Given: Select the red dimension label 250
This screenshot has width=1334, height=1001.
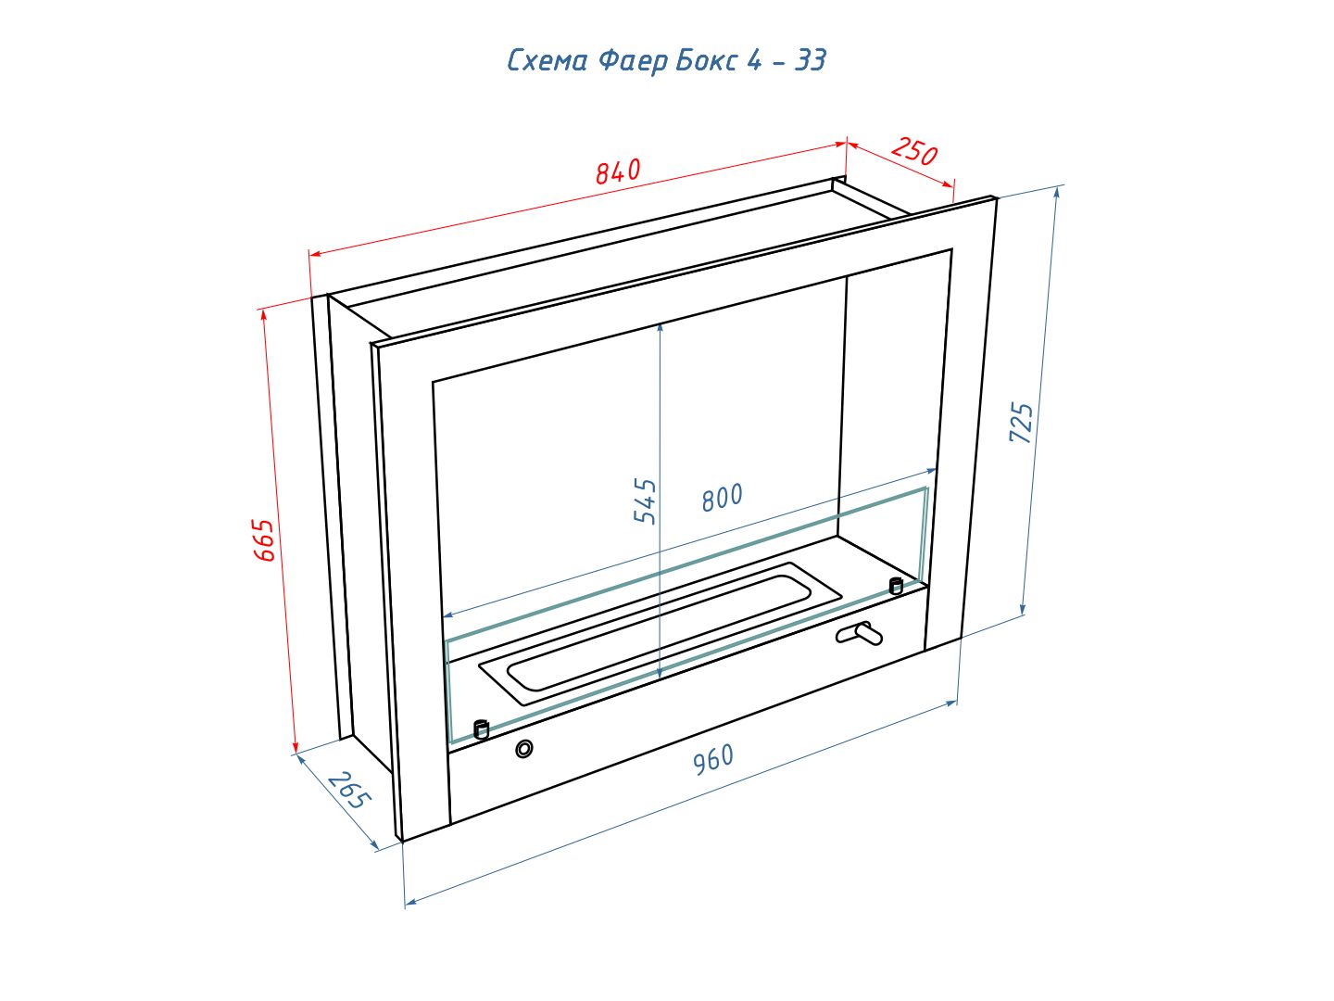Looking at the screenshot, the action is pos(914,151).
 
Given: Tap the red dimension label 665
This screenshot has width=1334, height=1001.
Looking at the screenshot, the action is pos(264,539).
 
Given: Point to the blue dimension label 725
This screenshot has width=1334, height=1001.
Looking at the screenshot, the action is pos(1020,422).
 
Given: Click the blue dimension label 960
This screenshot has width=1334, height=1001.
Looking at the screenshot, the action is pos(714,760).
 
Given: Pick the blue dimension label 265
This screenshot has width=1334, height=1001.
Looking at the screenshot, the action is pos(349,791).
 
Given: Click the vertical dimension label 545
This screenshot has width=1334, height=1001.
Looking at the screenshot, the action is pos(645,501).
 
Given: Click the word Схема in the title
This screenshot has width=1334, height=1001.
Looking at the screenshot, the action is pos(547,61).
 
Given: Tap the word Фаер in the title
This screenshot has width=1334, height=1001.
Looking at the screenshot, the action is pos(633,61).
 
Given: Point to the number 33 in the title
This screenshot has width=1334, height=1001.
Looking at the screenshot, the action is pos(810,60).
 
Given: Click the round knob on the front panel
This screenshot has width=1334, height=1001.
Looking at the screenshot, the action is pos(524,749).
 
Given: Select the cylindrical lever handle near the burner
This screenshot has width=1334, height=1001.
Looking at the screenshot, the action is pos(860,634).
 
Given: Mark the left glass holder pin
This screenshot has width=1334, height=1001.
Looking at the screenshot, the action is pos(481,729).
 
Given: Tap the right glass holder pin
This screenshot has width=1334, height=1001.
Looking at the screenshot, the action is pos(896,586).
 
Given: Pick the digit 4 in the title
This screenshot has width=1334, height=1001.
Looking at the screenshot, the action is pos(754,60).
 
